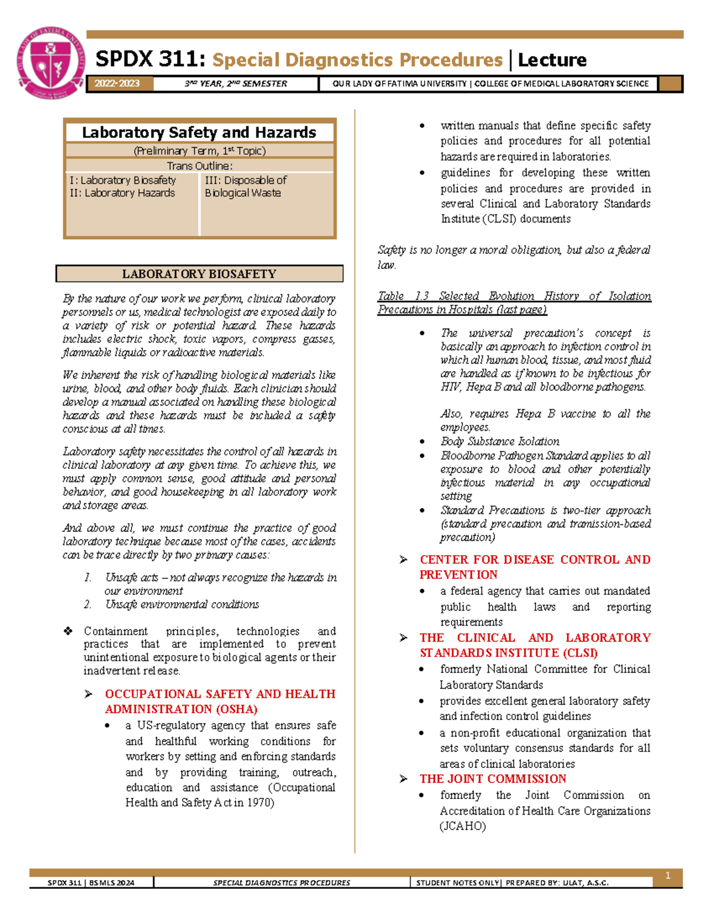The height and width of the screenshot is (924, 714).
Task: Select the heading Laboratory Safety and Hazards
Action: click(x=199, y=132)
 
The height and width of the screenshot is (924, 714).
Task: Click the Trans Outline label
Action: click(x=199, y=165)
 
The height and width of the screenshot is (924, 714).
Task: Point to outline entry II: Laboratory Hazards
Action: click(x=122, y=193)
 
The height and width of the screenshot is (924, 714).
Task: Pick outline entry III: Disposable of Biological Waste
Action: click(x=245, y=186)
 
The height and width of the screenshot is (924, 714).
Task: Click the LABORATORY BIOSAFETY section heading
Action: click(x=199, y=274)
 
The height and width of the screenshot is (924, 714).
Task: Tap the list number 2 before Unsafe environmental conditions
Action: click(x=87, y=604)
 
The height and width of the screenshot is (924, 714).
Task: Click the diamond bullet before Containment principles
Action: click(x=68, y=631)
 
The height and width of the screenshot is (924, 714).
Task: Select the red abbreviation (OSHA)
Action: click(x=237, y=709)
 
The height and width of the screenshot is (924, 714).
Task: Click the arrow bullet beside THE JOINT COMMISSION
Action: click(x=403, y=779)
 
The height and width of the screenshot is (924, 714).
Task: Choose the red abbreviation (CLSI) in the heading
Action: click(x=580, y=653)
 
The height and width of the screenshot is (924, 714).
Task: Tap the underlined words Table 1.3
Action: click(x=403, y=296)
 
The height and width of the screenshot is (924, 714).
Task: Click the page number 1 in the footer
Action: click(x=668, y=875)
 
